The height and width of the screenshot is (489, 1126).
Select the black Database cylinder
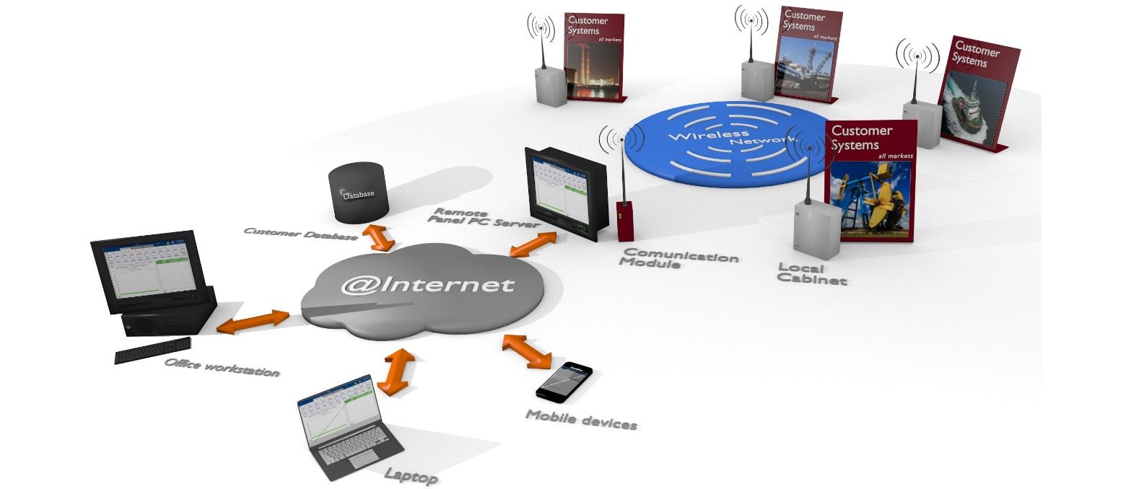pyautogui.click(x=359, y=193)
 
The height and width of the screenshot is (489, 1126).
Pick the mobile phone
pyautogui.click(x=564, y=380)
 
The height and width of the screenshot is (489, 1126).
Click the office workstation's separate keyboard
pyautogui.click(x=153, y=350)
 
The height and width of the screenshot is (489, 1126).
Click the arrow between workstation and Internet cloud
pyautogui.click(x=253, y=322)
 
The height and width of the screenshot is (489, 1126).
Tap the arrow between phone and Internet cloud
pyautogui.click(x=526, y=351)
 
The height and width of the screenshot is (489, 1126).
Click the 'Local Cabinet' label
pyautogui.click(x=811, y=274)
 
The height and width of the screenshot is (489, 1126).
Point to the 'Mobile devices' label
pyautogui.click(x=581, y=419)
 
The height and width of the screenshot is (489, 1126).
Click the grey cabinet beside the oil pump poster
pyautogui.click(x=817, y=229)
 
